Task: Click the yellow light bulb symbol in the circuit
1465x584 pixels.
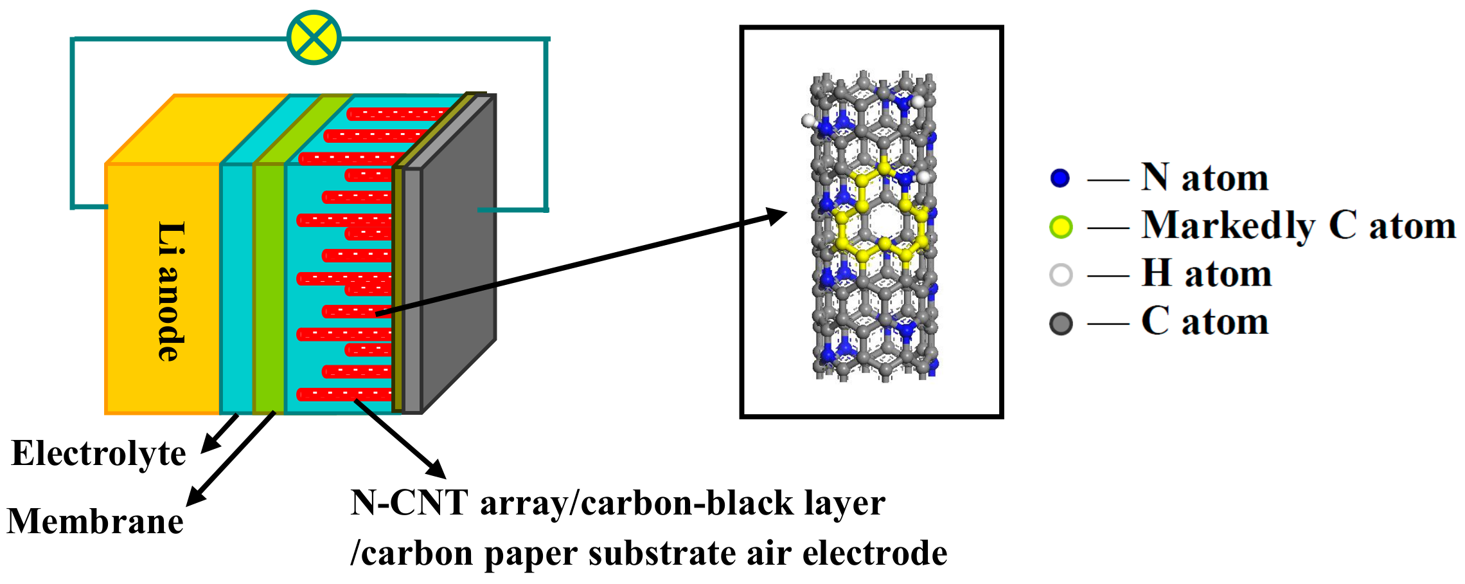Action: tap(314, 37)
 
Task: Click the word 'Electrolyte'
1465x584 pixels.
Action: tap(98, 453)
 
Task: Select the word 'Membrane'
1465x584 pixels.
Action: tap(95, 521)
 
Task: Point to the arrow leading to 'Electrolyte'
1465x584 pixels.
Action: tap(218, 434)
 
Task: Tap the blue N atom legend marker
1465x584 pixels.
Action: tap(1060, 178)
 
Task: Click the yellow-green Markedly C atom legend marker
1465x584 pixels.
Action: tap(1061, 227)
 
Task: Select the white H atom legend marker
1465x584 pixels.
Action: tap(1061, 275)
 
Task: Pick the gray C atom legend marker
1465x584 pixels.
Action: tap(1061, 324)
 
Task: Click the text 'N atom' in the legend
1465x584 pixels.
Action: tap(1205, 178)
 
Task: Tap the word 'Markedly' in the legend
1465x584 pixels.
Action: tap(1228, 226)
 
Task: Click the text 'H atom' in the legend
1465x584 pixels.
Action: tap(1206, 274)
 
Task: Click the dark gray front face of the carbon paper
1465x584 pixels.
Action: tap(458, 257)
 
